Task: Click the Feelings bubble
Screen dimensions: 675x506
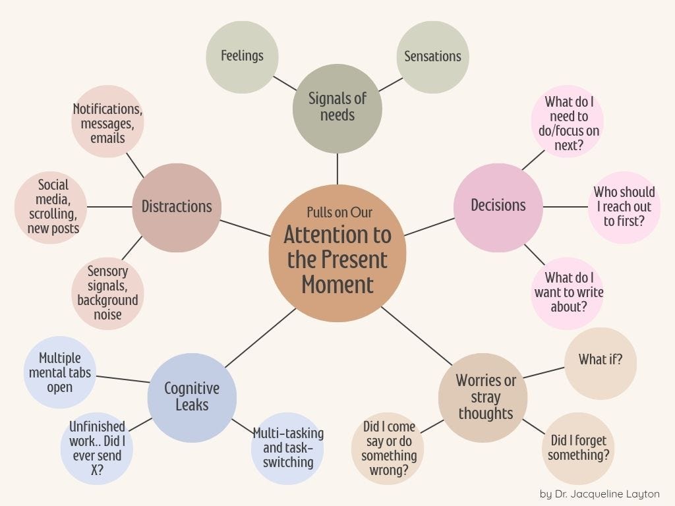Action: tap(242, 57)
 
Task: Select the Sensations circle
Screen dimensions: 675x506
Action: tap(432, 57)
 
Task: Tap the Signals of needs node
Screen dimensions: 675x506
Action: tap(337, 109)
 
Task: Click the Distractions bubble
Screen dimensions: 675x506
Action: tap(177, 208)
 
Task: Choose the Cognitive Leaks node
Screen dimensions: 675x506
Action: tap(192, 397)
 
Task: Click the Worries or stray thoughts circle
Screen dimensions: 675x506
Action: tap(483, 397)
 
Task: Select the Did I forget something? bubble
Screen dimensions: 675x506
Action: tap(578, 448)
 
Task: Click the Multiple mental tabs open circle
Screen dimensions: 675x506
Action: tap(60, 372)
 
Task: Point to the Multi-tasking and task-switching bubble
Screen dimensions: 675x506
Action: tap(287, 448)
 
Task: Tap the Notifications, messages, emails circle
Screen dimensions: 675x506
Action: tap(107, 121)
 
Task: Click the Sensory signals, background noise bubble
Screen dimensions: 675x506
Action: tap(107, 294)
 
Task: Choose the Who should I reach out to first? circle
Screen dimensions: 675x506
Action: tap(624, 208)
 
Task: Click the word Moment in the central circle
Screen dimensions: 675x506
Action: tap(337, 285)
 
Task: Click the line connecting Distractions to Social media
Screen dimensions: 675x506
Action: tap(109, 207)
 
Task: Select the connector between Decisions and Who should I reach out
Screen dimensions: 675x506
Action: tap(565, 207)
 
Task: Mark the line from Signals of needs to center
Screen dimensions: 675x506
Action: tap(337, 169)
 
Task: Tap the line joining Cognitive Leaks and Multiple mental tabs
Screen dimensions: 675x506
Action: tap(123, 379)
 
